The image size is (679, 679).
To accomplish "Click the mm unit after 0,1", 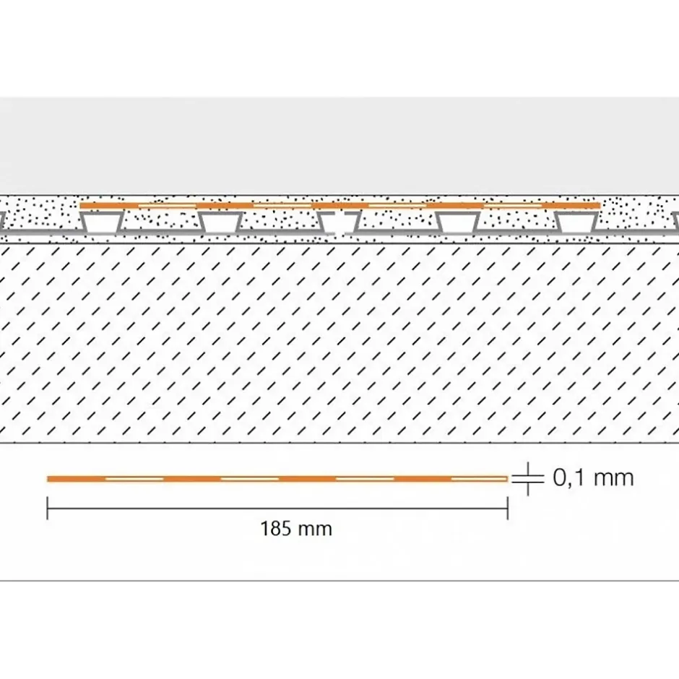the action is point(613,479).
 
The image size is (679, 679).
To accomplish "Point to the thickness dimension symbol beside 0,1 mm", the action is point(527,478).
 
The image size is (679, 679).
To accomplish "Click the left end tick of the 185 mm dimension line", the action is point(47,509).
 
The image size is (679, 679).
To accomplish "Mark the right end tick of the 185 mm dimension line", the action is point(508,509).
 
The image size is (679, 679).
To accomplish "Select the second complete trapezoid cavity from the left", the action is point(220,222).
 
